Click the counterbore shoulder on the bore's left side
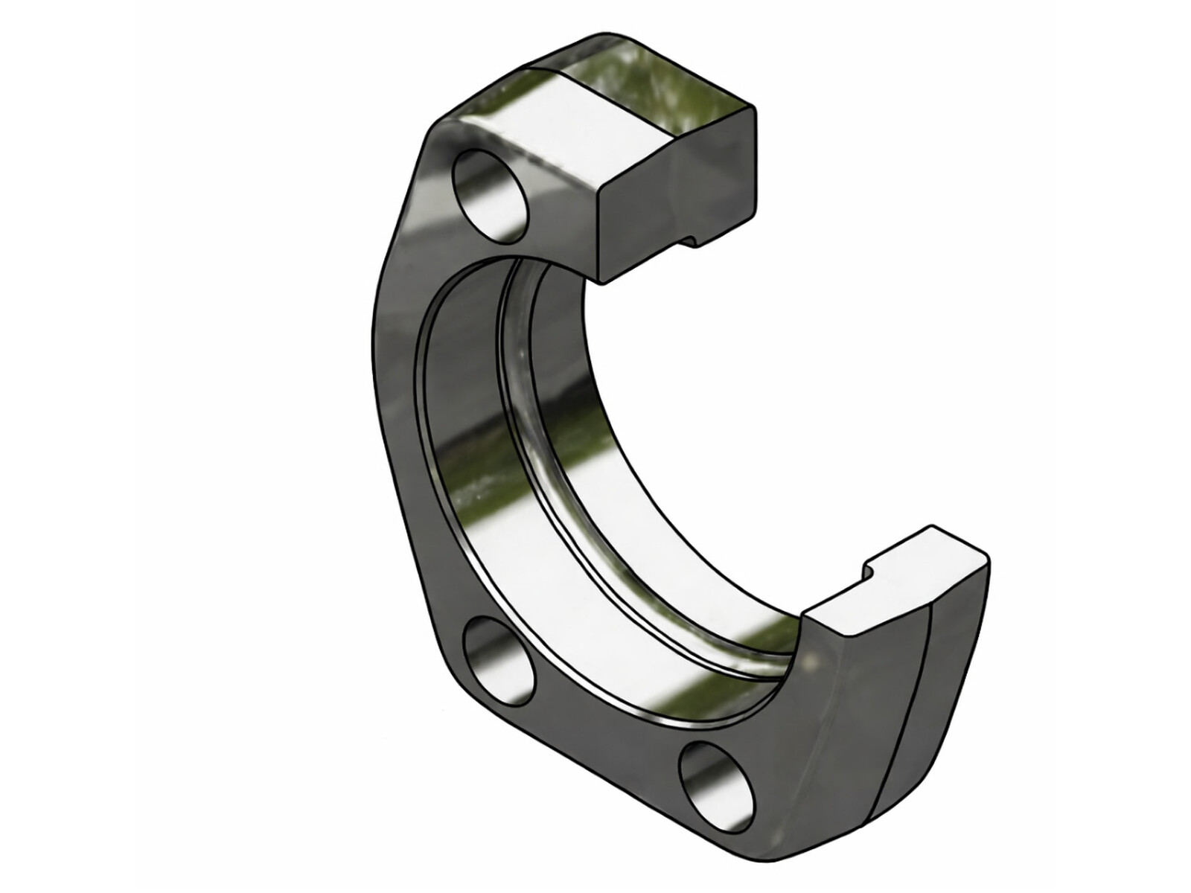click(447, 446)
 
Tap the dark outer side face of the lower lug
click(856, 707)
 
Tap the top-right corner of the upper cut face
click(754, 110)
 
